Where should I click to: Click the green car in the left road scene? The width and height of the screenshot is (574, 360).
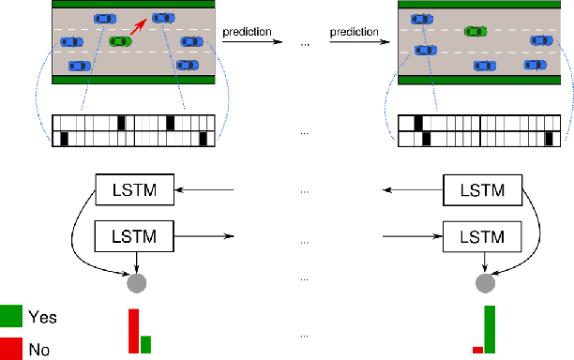[120, 41]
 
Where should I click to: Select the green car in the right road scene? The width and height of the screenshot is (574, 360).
[476, 30]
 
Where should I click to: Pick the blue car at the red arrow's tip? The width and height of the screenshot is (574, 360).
[163, 17]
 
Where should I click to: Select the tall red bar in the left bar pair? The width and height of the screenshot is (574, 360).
[133, 331]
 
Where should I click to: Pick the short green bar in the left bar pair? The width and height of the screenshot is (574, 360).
[145, 345]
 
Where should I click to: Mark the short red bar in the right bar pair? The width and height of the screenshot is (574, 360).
[477, 350]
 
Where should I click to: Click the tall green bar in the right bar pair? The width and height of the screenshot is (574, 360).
[490, 329]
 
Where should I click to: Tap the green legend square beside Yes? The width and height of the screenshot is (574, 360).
[12, 316]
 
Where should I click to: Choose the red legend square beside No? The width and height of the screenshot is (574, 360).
[12, 348]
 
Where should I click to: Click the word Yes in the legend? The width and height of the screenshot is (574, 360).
[44, 318]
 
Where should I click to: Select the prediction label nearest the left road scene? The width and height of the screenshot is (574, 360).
[247, 32]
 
